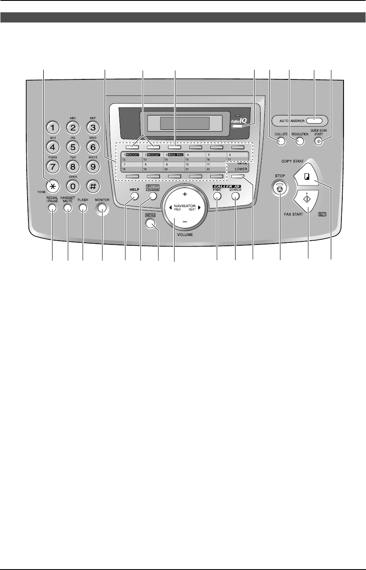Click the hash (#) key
click(92, 187)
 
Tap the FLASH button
click(83, 208)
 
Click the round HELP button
click(135, 196)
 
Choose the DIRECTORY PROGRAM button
click(152, 196)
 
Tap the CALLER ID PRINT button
click(217, 197)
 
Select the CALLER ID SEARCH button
click(236, 197)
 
